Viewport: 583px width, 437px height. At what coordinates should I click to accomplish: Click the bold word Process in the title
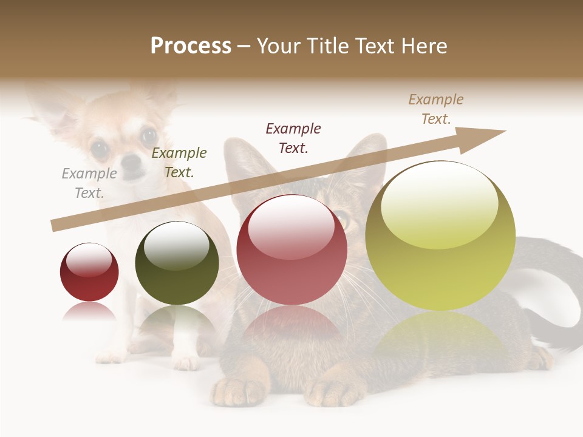coord(191,46)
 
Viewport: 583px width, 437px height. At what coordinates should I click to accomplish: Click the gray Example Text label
coord(89,183)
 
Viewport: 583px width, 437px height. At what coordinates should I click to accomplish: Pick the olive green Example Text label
coord(179,163)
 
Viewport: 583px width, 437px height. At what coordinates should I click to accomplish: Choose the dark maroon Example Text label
coord(293,138)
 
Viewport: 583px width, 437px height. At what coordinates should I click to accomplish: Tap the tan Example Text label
coord(436,109)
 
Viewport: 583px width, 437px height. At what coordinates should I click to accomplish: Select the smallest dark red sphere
coord(89,272)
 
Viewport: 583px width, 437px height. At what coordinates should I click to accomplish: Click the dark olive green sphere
coord(177,263)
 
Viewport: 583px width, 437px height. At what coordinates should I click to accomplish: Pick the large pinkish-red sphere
coord(291,249)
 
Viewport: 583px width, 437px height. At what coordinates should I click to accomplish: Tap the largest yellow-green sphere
coord(440,235)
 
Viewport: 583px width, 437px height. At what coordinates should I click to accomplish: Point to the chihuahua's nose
coord(131,162)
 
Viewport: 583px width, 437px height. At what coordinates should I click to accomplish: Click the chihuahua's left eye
coord(99,147)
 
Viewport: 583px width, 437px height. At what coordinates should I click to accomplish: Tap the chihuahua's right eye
coord(148,135)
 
